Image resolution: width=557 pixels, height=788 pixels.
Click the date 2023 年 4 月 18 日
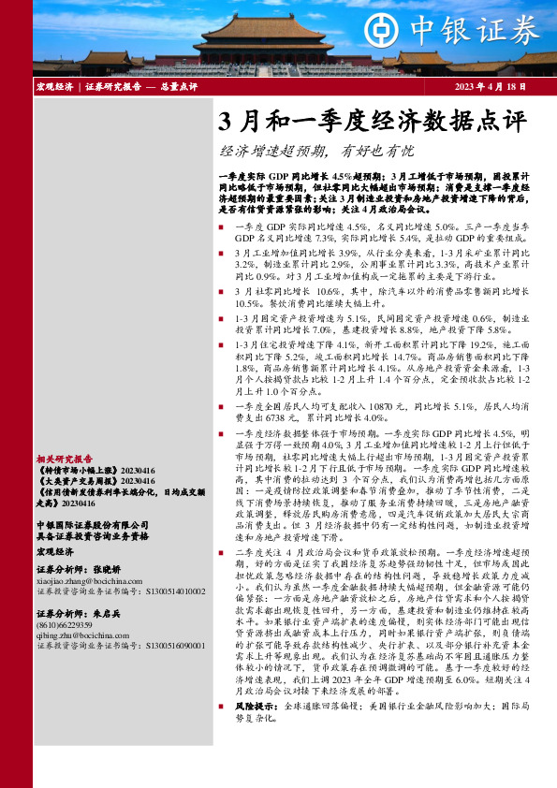(492, 87)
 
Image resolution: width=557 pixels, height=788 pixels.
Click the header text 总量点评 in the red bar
(178, 87)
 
